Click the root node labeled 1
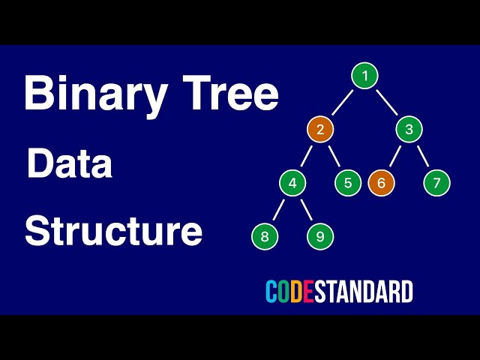pyautogui.click(x=364, y=76)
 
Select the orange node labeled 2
pyautogui.click(x=319, y=130)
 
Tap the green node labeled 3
pyautogui.click(x=409, y=130)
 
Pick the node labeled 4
pyautogui.click(x=292, y=183)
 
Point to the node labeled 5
pyautogui.click(x=348, y=183)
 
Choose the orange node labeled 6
pyautogui.click(x=381, y=183)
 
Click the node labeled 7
pyautogui.click(x=436, y=183)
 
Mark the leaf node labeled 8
pyautogui.click(x=265, y=237)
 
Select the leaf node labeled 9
pyautogui.click(x=320, y=237)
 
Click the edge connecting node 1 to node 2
pyautogui.click(x=342, y=103)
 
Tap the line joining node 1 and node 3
pyautogui.click(x=387, y=103)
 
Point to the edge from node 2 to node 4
pyautogui.click(x=306, y=157)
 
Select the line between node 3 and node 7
pyautogui.click(x=423, y=157)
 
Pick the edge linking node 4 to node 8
pyautogui.click(x=278, y=210)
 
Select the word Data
pyautogui.click(x=70, y=163)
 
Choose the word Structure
pyautogui.click(x=113, y=231)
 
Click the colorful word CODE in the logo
pyautogui.click(x=289, y=291)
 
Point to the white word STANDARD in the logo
pyautogui.click(x=364, y=291)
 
